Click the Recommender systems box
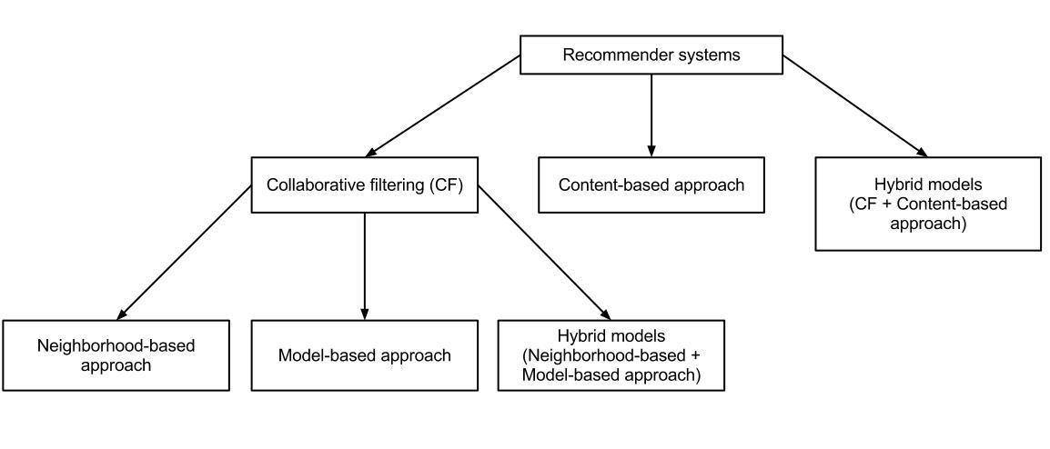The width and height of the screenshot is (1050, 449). [x=651, y=55]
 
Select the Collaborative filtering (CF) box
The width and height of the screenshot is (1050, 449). [x=364, y=185]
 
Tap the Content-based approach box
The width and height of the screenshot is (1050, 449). [x=651, y=185]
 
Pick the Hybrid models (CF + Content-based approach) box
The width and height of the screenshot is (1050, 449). [x=927, y=204]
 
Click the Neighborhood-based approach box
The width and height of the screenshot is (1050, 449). [x=116, y=355]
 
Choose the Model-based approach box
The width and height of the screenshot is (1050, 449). [x=364, y=355]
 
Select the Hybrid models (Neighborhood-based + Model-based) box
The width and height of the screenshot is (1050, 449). [x=611, y=355]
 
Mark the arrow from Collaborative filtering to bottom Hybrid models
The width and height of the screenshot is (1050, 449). [x=542, y=252]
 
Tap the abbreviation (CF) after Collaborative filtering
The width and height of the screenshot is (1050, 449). [x=448, y=185]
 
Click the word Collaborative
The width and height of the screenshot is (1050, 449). [x=308, y=185]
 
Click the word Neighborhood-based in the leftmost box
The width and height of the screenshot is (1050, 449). [x=116, y=346]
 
